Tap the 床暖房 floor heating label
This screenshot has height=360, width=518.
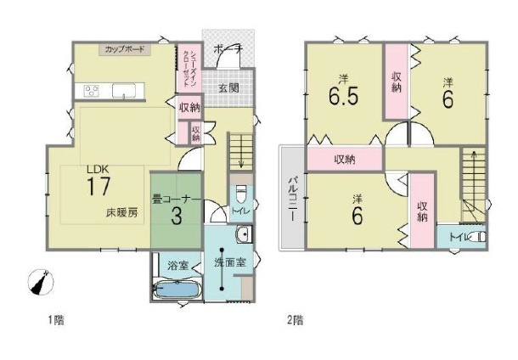click(121, 211)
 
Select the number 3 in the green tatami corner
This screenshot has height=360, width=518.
click(176, 216)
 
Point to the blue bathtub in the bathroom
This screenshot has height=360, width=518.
click(175, 290)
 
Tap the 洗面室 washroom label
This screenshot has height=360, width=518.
click(229, 263)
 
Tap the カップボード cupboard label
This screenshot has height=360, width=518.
click(124, 50)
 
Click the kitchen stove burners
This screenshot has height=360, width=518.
click(91, 91)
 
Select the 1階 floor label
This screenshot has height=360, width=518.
click(55, 320)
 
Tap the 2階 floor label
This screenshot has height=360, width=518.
click(295, 320)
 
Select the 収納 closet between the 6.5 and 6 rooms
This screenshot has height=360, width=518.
click(397, 81)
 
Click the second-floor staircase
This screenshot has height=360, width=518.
click(470, 183)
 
